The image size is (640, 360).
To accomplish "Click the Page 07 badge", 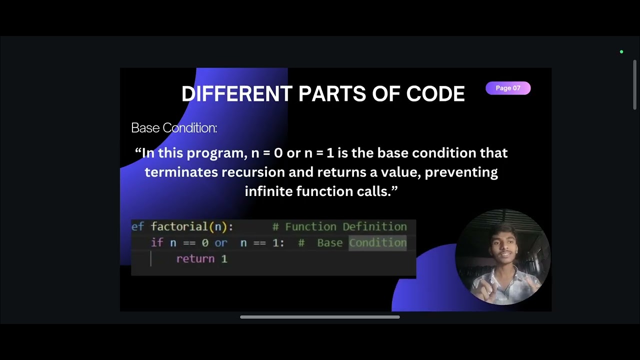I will click(x=507, y=88).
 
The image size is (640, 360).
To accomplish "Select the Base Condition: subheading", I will click(x=174, y=128).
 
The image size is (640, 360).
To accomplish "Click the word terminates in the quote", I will click(x=181, y=172).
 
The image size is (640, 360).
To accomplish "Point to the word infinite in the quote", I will click(x=268, y=191).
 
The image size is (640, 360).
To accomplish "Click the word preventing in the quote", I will click(x=461, y=172).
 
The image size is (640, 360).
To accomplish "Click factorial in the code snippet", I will click(x=179, y=226).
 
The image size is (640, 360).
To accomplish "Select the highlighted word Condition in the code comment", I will click(x=377, y=243).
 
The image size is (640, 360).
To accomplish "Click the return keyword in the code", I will click(x=195, y=259).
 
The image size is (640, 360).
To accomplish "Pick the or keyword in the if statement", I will click(x=220, y=243).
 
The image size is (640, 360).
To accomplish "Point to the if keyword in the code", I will click(x=157, y=243).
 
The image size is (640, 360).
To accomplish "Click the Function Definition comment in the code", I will click(x=345, y=227).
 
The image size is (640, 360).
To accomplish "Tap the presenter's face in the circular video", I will click(x=502, y=248).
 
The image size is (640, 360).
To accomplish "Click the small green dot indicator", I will click(x=621, y=52).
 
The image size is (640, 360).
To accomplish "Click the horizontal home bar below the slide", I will click(x=320, y=317).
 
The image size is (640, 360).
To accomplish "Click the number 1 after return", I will click(x=224, y=259).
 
